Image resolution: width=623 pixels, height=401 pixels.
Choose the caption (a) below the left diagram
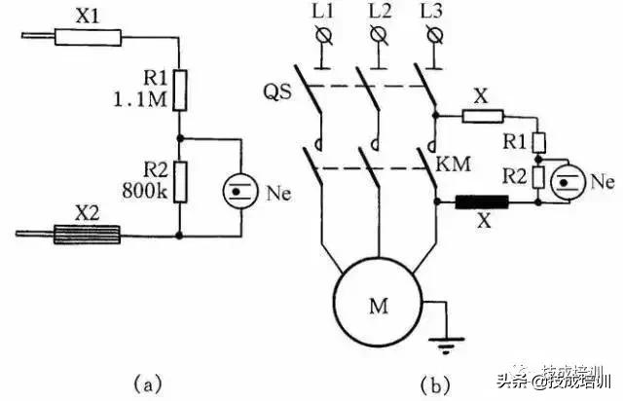point(146,383)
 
